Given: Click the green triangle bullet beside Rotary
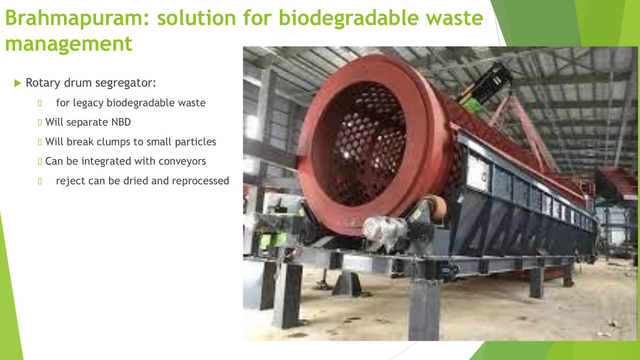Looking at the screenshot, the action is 18,83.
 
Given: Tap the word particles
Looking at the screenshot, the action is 196,142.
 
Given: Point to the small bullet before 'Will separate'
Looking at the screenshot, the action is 40,122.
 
